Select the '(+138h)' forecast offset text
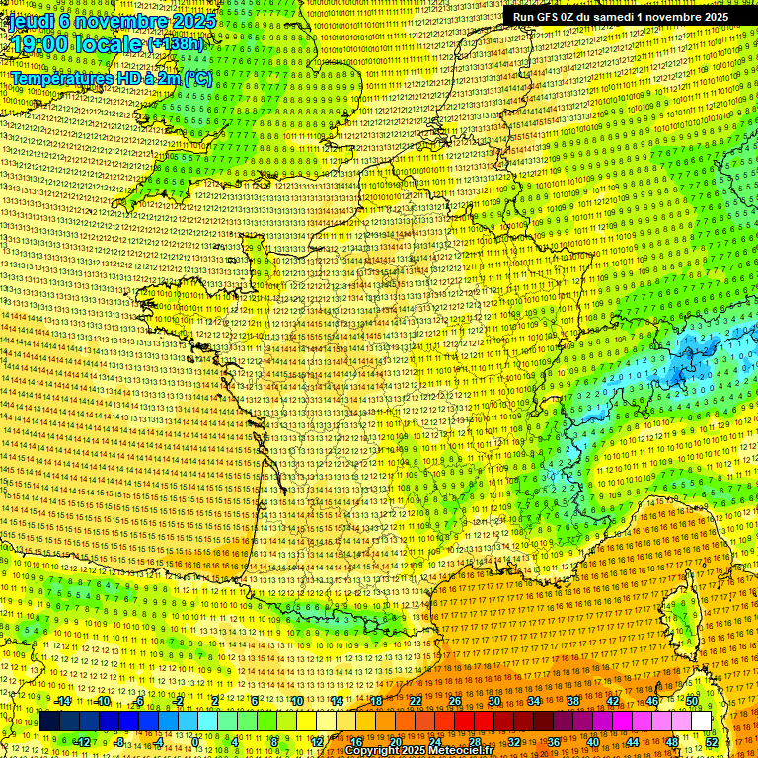[x=176, y=44]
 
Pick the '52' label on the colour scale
[x=712, y=742]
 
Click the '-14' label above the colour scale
[x=62, y=701]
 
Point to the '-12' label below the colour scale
[x=83, y=742]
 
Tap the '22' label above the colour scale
[x=416, y=701]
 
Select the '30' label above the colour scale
[x=494, y=701]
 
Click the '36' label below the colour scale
[x=554, y=742]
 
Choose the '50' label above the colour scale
[x=691, y=701]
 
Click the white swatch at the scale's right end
[x=701, y=721]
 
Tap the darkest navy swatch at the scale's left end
[x=49, y=721]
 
